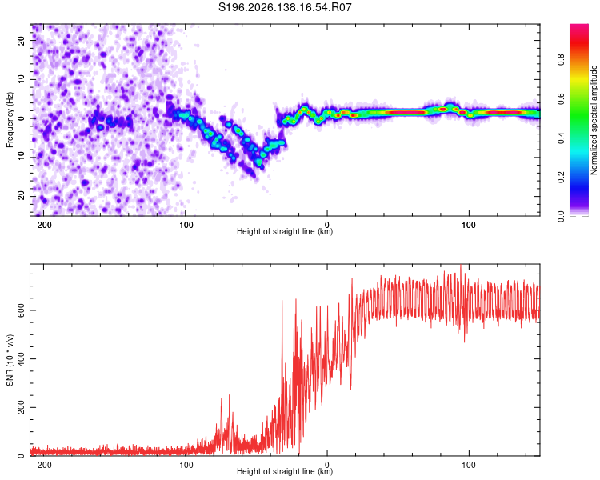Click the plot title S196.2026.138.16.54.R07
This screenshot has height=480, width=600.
[285, 7]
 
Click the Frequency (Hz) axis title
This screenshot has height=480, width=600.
[10, 120]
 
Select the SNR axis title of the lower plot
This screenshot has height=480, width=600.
[10, 360]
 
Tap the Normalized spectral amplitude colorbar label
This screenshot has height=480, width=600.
[594, 120]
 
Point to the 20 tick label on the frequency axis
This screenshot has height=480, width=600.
[22, 41]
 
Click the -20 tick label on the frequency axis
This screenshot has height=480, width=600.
[22, 197]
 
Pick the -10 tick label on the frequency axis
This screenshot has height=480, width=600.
[22, 158]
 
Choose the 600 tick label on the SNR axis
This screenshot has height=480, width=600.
[22, 310]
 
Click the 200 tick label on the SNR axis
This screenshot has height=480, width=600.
[22, 407]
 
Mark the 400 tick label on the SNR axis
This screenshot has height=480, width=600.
[22, 358]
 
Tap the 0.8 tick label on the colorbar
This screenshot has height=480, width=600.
[561, 60]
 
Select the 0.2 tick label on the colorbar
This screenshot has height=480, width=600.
[561, 178]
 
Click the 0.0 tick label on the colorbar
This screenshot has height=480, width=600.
[561, 216]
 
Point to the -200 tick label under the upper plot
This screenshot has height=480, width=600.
[43, 225]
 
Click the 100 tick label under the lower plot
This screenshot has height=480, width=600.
[469, 465]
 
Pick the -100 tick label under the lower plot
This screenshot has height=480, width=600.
[185, 465]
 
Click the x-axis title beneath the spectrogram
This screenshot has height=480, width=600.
[285, 231]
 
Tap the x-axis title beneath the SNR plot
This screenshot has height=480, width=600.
[285, 471]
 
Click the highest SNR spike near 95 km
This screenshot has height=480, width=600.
[460, 266]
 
